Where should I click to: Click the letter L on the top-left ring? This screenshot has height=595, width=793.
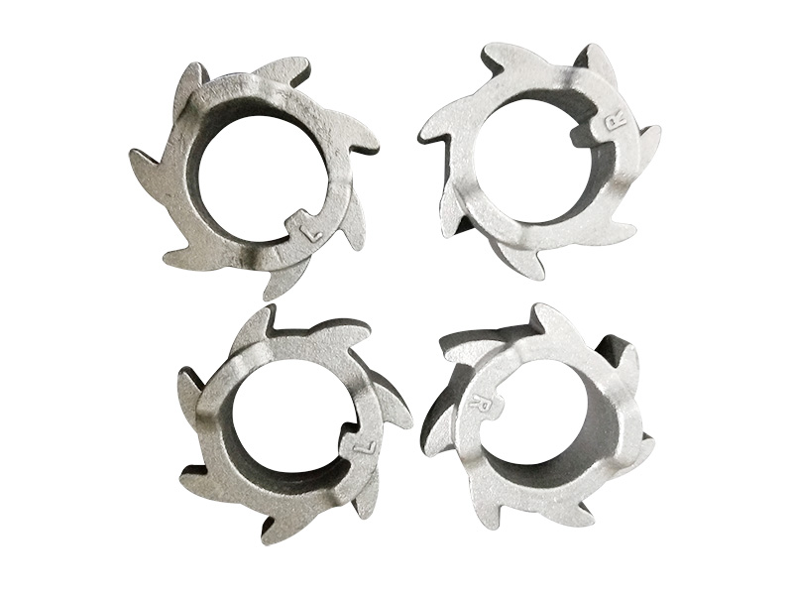coord(311,232)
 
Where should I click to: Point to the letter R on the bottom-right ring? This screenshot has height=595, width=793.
coord(479,401)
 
